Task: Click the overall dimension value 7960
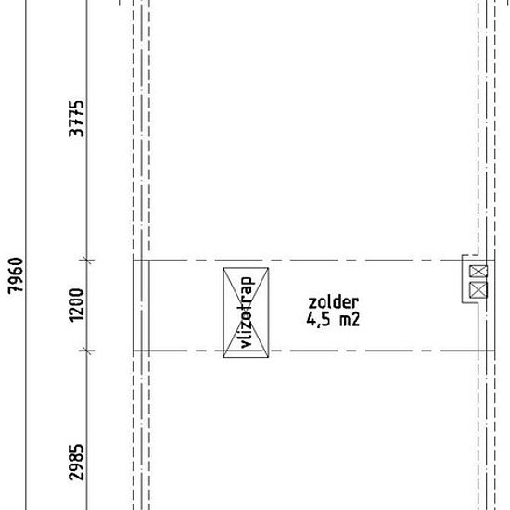(x=16, y=275)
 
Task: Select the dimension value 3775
(x=77, y=119)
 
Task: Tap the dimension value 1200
(x=77, y=305)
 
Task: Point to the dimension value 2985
(x=77, y=462)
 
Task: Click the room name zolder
(x=334, y=302)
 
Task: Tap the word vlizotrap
(x=246, y=312)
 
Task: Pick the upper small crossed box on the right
(x=478, y=272)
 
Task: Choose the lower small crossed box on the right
(x=478, y=290)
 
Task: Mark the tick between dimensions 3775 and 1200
(x=87, y=260)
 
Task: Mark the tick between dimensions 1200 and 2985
(x=87, y=351)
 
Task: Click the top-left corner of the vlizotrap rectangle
(x=223, y=268)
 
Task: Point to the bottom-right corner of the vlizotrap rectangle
(x=268, y=357)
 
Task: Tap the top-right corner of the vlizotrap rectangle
(x=268, y=268)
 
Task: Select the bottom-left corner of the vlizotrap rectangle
(x=223, y=357)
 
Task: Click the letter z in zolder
(x=312, y=304)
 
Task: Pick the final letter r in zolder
(x=355, y=304)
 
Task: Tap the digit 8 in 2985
(x=77, y=458)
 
